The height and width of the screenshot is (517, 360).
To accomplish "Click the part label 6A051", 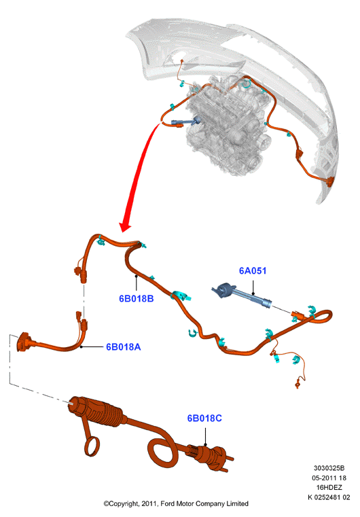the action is coord(253,270).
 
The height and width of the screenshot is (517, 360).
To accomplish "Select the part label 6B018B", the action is coord(136,298).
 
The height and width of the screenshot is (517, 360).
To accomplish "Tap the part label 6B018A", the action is coord(124,347).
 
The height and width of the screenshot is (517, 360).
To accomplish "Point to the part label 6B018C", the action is coord(204,418).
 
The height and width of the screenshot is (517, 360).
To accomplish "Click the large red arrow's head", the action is coord(124,226).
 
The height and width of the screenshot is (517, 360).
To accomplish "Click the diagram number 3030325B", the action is coord(329,468).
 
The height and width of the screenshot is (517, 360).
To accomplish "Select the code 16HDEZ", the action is coord(329,487).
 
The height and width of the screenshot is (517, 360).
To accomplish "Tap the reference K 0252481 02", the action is coord(329,497).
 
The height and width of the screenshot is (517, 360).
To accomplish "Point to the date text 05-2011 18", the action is coord(329,478).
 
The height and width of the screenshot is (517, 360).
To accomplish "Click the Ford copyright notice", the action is coord(176,503).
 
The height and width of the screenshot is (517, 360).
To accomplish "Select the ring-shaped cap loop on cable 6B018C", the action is coord(92,446).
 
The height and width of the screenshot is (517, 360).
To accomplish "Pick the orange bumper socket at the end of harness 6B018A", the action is coord(23,342).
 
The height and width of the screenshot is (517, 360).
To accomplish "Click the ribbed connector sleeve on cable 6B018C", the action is coord(108,412).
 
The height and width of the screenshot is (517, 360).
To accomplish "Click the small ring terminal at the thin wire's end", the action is coord(298,384).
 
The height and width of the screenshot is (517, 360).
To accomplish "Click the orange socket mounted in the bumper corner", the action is coord(329,181).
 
